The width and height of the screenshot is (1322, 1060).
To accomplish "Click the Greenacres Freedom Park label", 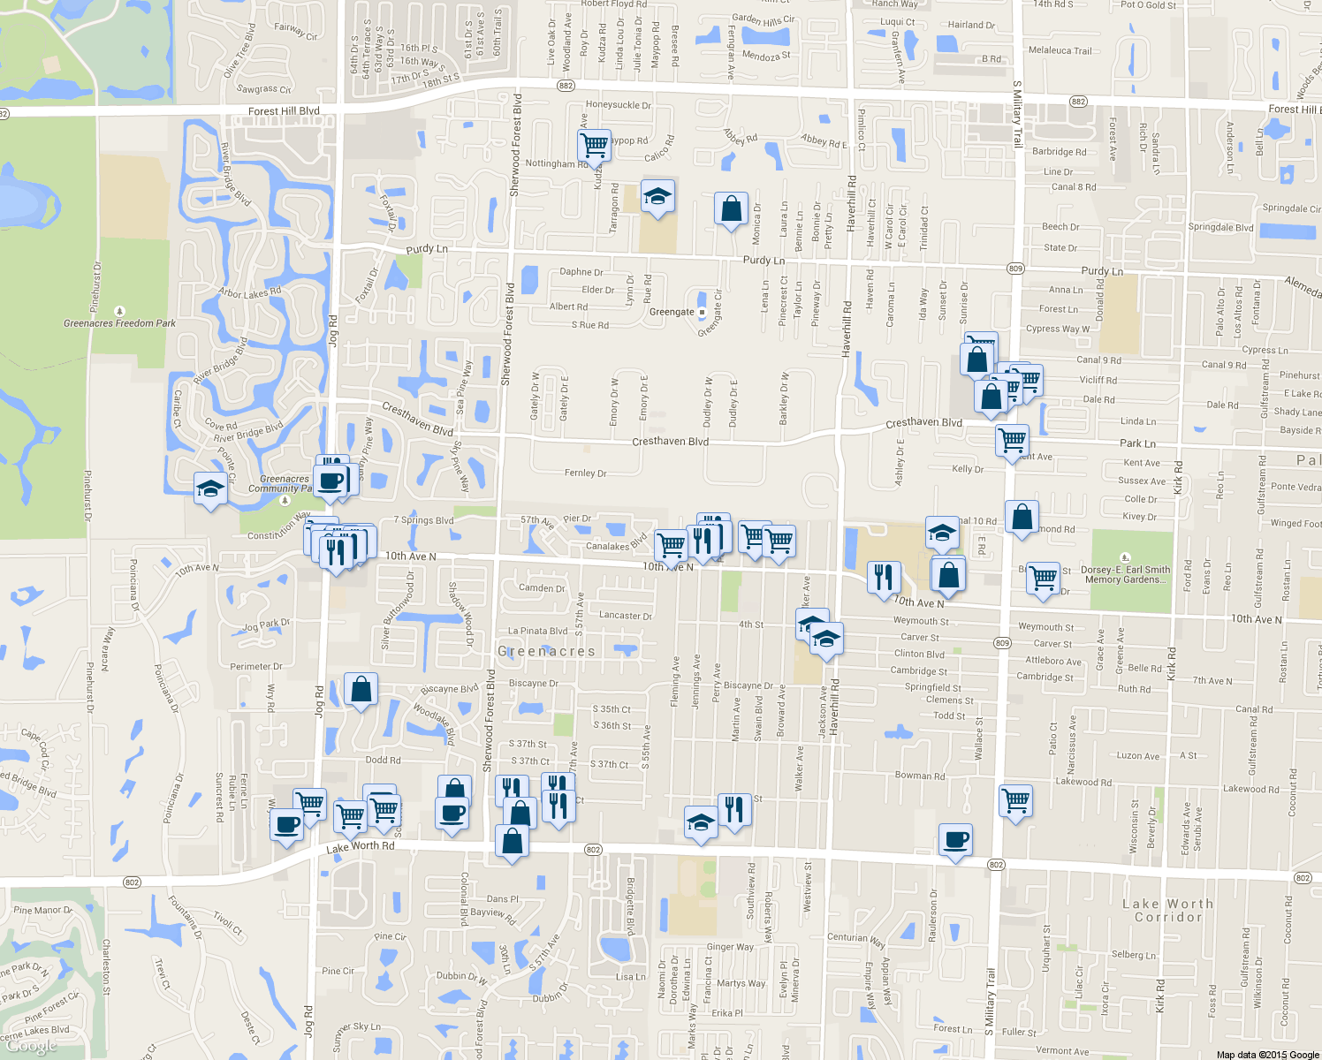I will (x=119, y=323).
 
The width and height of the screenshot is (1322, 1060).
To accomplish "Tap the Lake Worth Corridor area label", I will (x=1167, y=910).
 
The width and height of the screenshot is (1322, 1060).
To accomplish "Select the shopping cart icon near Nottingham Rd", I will (x=595, y=145).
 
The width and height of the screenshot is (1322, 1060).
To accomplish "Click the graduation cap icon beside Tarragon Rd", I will (x=657, y=196).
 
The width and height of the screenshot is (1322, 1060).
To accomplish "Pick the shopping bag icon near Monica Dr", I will (x=731, y=209).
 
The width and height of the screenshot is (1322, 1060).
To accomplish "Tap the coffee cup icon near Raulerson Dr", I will (x=954, y=839).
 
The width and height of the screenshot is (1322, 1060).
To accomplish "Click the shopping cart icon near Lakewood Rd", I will (x=1015, y=801).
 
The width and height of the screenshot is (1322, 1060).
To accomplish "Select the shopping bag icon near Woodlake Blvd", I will (x=361, y=690).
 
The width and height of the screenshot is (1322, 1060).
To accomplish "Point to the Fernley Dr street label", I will (x=585, y=473).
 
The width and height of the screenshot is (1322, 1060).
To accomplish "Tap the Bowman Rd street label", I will (x=920, y=776).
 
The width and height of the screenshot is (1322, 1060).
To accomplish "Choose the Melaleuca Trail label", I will (x=1060, y=51).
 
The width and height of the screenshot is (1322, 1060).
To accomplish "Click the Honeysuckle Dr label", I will (x=618, y=105).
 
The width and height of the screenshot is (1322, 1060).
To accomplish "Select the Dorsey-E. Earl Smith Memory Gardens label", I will (x=1125, y=574).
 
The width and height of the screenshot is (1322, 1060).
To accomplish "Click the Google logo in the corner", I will (x=32, y=1045).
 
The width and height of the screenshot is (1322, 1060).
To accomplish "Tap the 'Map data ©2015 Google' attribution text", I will (x=1267, y=1054).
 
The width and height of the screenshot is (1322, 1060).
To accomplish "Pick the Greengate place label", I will (x=672, y=312).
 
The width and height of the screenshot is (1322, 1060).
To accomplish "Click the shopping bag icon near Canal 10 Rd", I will (x=1021, y=518).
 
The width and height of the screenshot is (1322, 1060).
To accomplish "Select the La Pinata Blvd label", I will (x=537, y=631).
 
